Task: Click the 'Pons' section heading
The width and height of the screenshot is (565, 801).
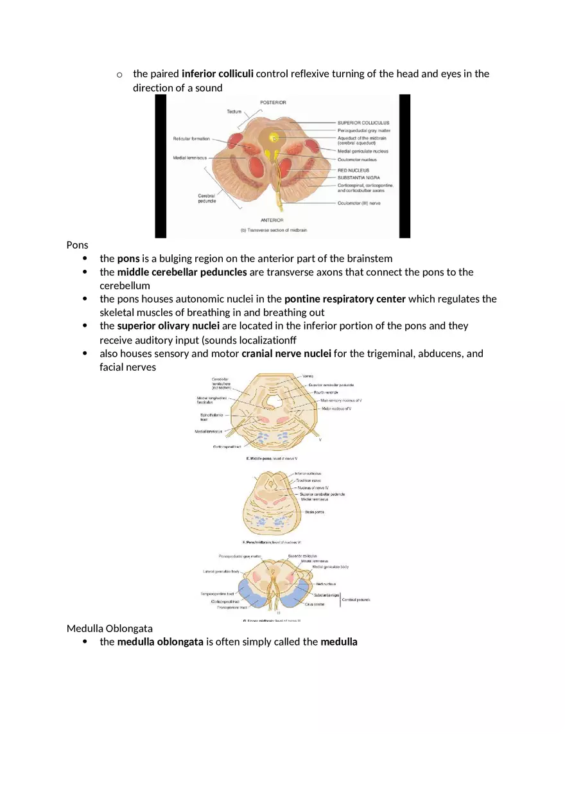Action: [x=77, y=245]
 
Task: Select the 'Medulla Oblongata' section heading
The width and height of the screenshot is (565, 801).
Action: [x=109, y=628]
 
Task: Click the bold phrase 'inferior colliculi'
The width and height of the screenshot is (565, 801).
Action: [x=218, y=74]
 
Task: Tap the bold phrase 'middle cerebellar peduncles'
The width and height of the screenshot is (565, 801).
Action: [x=182, y=272]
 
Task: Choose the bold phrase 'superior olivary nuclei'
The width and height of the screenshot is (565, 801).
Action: [x=168, y=326]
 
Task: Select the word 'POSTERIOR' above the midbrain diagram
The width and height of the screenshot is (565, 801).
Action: [x=273, y=103]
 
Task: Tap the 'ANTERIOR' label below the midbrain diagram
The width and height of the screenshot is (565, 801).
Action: [x=272, y=220]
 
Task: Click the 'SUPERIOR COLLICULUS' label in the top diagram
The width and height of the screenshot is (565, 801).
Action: [x=363, y=123]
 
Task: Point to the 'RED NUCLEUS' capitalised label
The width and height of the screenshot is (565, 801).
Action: [x=353, y=170]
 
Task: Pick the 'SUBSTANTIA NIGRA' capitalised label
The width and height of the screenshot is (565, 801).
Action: [x=358, y=177]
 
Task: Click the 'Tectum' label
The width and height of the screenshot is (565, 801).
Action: [x=234, y=112]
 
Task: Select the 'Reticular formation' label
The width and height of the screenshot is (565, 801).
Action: [x=191, y=139]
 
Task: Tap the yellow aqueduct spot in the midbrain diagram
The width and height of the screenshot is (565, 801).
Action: [x=274, y=138]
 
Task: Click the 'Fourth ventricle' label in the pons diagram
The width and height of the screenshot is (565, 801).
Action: [x=326, y=392]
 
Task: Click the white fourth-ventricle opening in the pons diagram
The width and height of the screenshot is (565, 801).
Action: [x=274, y=402]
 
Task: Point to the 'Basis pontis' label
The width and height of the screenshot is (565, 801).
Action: [x=315, y=512]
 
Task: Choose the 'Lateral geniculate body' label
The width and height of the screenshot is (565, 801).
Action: [x=222, y=571]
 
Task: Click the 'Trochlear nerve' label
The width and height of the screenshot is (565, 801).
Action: [x=308, y=480]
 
